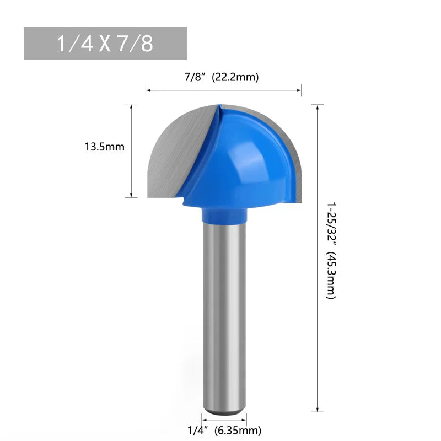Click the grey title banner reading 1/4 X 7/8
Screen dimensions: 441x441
(105, 44)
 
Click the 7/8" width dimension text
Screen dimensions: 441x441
(195, 77)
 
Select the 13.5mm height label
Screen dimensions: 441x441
(105, 147)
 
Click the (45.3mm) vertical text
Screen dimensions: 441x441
(330, 276)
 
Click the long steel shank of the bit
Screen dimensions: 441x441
(224, 309)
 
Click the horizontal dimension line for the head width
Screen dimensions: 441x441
(224, 90)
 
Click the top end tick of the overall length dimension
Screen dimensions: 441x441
(318, 104)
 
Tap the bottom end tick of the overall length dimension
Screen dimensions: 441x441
(318, 411)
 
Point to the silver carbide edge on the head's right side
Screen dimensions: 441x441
(295, 160)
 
